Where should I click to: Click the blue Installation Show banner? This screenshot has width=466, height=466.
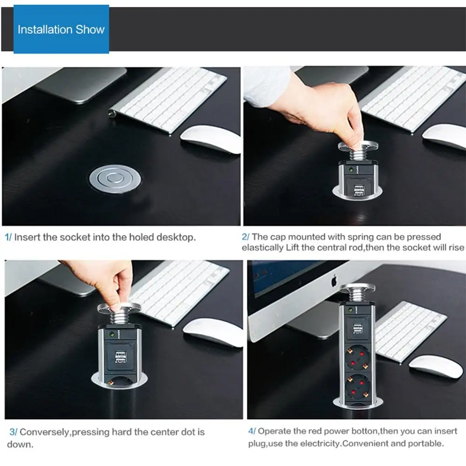point(61,29)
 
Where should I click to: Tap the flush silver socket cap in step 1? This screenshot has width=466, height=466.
point(113,179)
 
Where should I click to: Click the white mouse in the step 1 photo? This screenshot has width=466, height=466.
point(211,138)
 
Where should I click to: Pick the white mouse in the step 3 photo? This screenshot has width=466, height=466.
point(212,332)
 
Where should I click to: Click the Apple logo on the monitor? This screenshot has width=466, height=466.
point(334,281)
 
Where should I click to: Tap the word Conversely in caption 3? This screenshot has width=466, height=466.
point(44,432)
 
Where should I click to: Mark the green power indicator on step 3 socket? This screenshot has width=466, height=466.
point(112,333)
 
